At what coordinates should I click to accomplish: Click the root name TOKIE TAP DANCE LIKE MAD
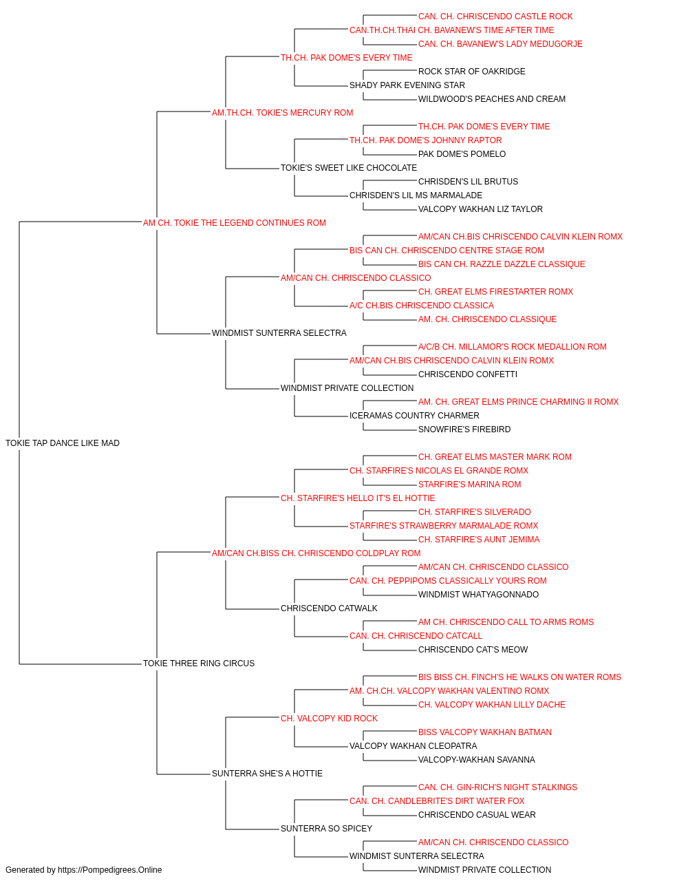pyautogui.click(x=63, y=443)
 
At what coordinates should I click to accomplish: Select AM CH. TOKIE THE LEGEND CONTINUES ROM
pyautogui.click(x=234, y=222)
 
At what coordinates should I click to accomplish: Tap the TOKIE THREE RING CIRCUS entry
pyautogui.click(x=199, y=663)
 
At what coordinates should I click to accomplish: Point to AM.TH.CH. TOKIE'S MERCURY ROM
pyautogui.click(x=282, y=113)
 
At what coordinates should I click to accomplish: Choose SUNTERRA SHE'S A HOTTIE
pyautogui.click(x=267, y=773)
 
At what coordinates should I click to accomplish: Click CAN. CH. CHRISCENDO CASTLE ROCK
pyautogui.click(x=495, y=17)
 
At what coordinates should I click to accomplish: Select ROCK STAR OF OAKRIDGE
pyautogui.click(x=472, y=72)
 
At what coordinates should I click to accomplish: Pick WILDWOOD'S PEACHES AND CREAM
pyautogui.click(x=491, y=99)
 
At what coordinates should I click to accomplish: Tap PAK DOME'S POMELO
pyautogui.click(x=462, y=154)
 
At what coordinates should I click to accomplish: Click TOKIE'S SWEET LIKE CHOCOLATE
pyautogui.click(x=348, y=167)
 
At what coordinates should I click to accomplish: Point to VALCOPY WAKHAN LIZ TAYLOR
pyautogui.click(x=480, y=209)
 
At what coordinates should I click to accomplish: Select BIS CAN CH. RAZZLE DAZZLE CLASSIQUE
pyautogui.click(x=502, y=264)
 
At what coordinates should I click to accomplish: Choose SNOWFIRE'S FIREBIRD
pyautogui.click(x=464, y=429)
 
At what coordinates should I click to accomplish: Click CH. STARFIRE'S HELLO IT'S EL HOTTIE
pyautogui.click(x=358, y=498)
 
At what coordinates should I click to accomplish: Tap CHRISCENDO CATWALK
pyautogui.click(x=329, y=608)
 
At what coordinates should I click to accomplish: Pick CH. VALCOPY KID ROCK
pyautogui.click(x=329, y=718)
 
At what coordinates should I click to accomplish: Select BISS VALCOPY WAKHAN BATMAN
pyautogui.click(x=484, y=732)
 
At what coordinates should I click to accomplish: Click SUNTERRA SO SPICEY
pyautogui.click(x=326, y=828)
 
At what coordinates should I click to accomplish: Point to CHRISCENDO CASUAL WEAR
pyautogui.click(x=477, y=814)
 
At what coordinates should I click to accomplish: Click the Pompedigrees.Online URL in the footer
pyautogui.click(x=110, y=870)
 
